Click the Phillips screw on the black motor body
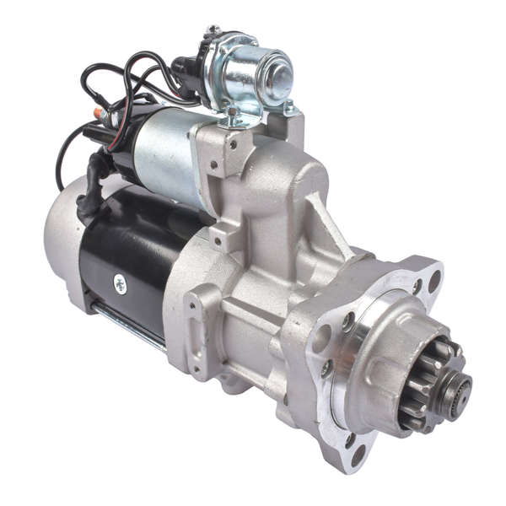(x=120, y=284)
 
